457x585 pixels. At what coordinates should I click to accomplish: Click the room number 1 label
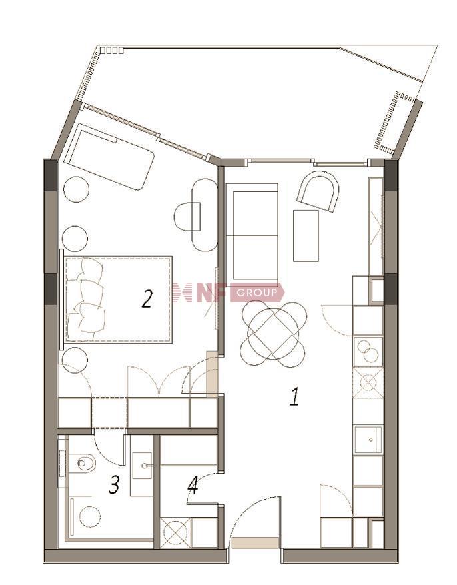coord(295,396)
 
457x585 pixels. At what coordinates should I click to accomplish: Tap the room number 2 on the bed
coord(147,299)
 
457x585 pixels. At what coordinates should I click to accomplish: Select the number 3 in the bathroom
coord(114,485)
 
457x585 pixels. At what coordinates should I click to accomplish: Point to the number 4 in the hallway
coord(193,484)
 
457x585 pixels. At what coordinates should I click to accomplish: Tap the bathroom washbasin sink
coord(142,466)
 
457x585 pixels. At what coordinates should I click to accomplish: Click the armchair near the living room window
coord(318,191)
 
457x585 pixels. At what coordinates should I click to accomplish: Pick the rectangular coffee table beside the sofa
coord(306,235)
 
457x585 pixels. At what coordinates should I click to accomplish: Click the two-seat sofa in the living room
coord(252,235)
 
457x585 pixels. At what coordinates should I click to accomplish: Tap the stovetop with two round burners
coord(368,351)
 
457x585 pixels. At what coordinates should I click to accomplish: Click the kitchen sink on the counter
coord(368,440)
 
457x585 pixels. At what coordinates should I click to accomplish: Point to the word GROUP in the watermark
coord(257,292)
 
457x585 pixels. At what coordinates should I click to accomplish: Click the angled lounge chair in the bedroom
coord(109,157)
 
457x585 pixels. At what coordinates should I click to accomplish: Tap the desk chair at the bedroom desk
coord(187,217)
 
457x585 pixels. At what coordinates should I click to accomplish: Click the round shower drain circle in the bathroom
coord(89,516)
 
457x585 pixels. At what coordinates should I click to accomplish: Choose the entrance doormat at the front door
coord(255,543)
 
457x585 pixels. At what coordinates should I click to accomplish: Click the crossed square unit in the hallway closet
coord(175,533)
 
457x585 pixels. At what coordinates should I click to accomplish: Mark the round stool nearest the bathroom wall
coord(75,360)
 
